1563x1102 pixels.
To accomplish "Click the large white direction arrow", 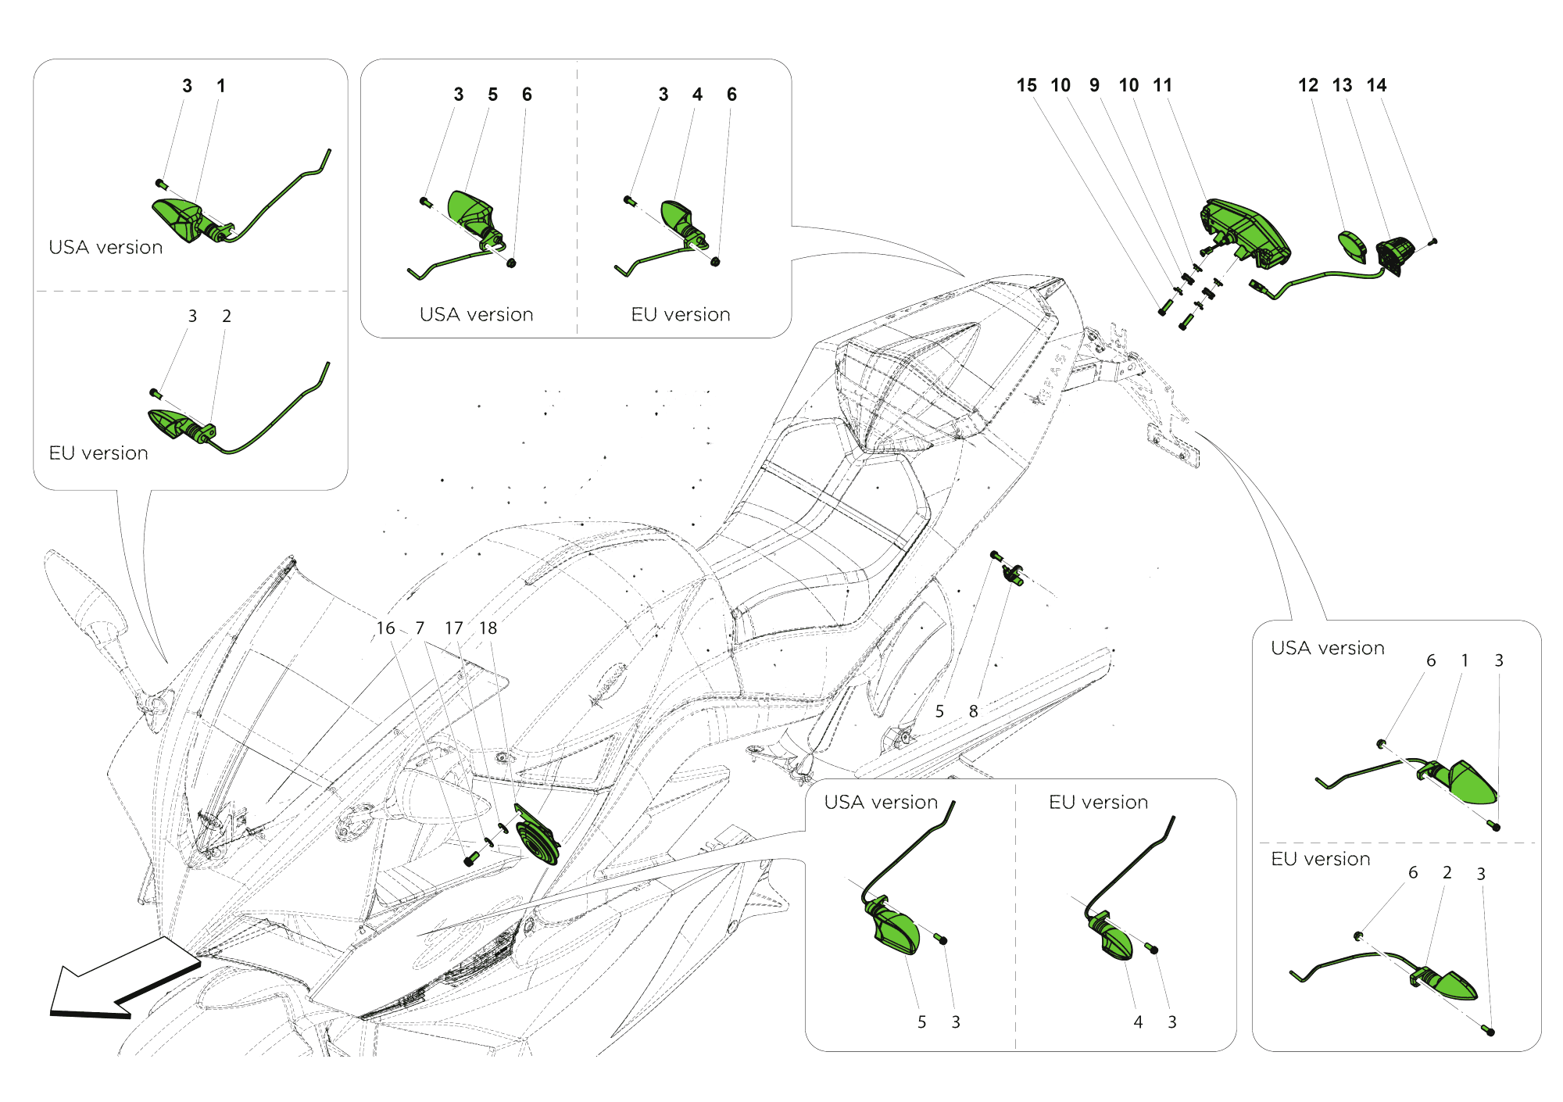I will click(117, 981).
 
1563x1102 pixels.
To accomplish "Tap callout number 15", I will click(1026, 85).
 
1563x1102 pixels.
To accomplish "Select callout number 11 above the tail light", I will click(1162, 85).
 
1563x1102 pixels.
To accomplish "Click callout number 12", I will click(1307, 85).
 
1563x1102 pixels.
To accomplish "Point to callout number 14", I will click(1376, 85).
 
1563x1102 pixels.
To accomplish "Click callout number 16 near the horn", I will click(385, 628).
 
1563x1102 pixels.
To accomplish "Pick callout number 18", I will click(488, 628).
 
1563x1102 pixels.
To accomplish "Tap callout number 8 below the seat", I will click(973, 711).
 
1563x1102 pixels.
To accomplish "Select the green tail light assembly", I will click(1246, 231).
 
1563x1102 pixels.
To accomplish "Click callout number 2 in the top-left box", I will click(227, 317).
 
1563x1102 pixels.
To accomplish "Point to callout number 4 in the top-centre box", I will click(697, 95).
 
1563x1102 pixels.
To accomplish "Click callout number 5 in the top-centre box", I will click(492, 95).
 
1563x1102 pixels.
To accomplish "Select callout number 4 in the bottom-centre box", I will click(1138, 1021).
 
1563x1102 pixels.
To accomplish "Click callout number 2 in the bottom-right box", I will click(1447, 873).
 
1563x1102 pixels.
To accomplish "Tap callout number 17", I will click(453, 628).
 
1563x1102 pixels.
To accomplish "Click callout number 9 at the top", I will click(1094, 85).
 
